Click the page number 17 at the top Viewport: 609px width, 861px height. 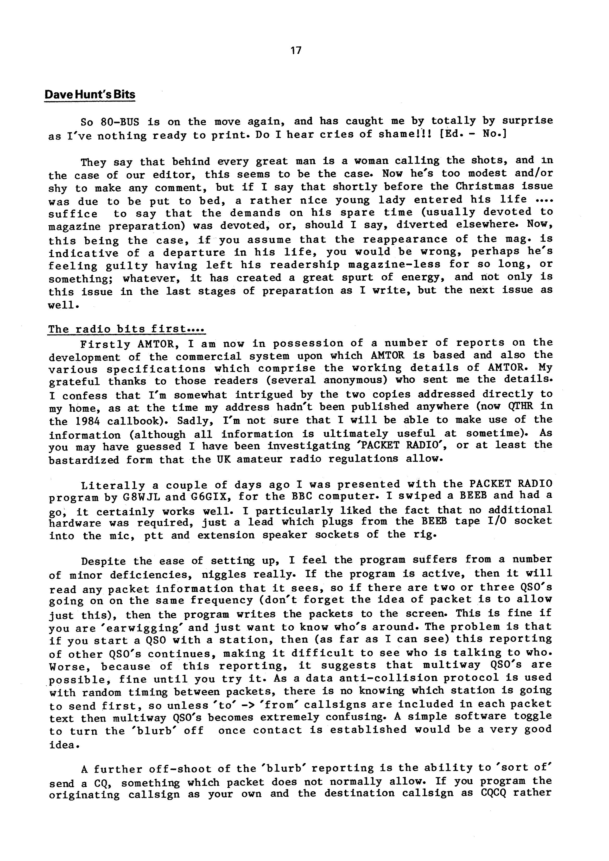pos(296,50)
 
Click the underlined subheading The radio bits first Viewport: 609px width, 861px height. pos(126,329)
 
